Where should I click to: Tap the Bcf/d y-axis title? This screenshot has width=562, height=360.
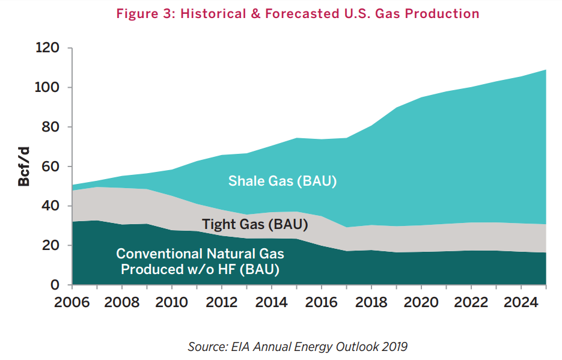click(24, 166)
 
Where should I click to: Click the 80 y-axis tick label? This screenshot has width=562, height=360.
click(50, 127)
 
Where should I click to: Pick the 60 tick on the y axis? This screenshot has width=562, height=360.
click(50, 166)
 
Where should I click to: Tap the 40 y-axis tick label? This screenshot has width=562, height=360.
click(50, 206)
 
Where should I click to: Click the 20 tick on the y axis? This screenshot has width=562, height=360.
click(50, 245)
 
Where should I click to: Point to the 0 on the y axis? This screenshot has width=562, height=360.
click(54, 284)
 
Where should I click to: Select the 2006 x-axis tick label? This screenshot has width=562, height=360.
click(72, 300)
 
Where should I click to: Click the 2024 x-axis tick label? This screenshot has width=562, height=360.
click(520, 300)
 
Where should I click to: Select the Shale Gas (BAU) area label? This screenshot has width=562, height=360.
click(283, 180)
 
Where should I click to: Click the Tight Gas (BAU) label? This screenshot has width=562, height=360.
click(255, 225)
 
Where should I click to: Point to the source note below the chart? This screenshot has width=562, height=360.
click(298, 346)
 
